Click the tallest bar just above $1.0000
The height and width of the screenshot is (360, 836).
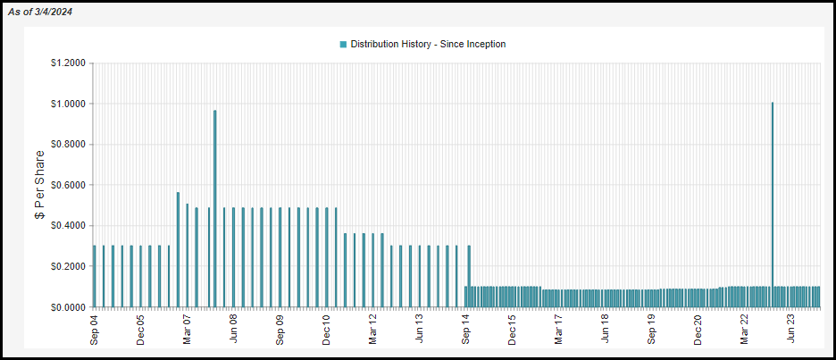(x=772, y=205)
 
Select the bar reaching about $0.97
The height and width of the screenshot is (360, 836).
(x=215, y=208)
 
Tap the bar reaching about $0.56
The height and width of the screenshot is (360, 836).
(x=178, y=249)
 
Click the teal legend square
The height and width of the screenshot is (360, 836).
(x=343, y=45)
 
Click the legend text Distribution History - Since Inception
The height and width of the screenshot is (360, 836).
(x=428, y=45)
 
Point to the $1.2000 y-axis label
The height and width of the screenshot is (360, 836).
(x=69, y=63)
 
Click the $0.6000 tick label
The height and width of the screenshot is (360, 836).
(x=69, y=185)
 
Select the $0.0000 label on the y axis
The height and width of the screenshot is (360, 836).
(x=69, y=307)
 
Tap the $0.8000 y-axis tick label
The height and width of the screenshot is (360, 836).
(x=69, y=145)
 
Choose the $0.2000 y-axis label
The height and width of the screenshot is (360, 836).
(x=69, y=266)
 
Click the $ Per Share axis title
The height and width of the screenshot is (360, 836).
(x=39, y=185)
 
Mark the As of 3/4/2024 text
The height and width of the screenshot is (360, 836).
(x=40, y=13)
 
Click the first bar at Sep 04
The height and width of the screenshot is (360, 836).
(x=95, y=276)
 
